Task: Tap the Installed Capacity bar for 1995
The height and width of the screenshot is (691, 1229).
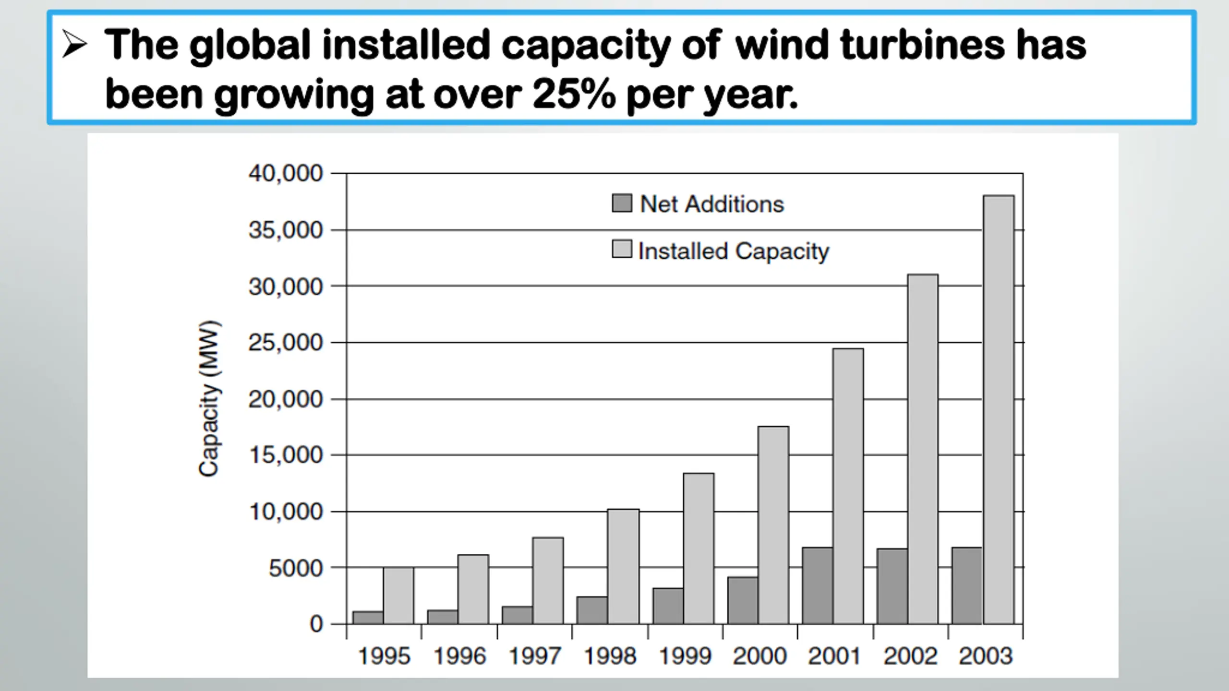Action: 398,596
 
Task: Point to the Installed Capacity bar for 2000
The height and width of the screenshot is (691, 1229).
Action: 773,525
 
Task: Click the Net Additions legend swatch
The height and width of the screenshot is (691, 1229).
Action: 622,203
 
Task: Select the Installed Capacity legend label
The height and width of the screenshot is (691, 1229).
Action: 734,251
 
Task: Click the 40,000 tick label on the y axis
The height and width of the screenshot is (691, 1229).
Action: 286,173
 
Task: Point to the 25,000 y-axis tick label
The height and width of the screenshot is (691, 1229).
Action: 286,343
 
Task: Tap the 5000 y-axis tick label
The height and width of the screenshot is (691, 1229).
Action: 296,569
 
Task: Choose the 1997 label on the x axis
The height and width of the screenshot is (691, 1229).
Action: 534,656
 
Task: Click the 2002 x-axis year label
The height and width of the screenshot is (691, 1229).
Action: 910,656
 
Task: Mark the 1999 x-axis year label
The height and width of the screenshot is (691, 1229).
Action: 685,656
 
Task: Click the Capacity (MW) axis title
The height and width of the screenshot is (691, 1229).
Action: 209,398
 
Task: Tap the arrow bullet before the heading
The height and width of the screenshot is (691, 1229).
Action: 75,46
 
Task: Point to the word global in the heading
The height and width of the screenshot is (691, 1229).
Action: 250,46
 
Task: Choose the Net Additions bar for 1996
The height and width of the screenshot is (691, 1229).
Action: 442,617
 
